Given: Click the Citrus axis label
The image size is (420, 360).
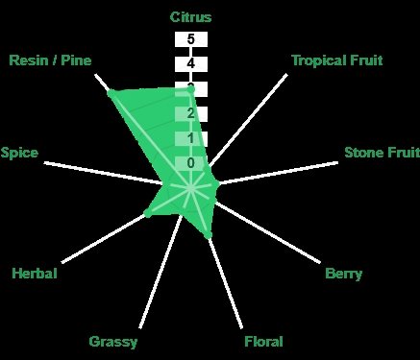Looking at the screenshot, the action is click(x=190, y=17).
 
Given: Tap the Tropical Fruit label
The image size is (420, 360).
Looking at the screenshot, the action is click(x=337, y=60).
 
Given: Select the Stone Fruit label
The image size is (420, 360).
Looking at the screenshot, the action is click(x=382, y=153).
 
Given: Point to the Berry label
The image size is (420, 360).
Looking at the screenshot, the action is click(x=344, y=274).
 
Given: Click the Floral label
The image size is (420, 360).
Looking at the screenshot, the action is click(x=263, y=342).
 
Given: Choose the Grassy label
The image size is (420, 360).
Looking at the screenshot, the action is click(x=113, y=342).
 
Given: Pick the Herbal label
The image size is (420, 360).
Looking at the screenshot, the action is click(x=35, y=274).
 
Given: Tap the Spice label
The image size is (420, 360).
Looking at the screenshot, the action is click(x=19, y=153).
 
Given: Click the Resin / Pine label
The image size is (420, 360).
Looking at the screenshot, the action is click(x=50, y=60).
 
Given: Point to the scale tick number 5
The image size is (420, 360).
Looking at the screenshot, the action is click(x=190, y=39).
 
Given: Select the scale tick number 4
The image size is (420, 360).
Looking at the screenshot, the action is click(x=190, y=63).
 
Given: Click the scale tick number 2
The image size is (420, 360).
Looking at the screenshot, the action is click(x=190, y=113).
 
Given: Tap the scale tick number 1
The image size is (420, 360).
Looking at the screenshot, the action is click(x=190, y=138).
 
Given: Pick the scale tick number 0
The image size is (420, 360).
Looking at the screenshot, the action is click(x=190, y=163).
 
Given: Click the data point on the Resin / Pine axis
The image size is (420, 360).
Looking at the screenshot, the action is click(x=111, y=93).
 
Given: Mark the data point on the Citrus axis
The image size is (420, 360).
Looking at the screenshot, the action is click(x=190, y=90).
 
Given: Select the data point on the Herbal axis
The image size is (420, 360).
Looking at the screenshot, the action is click(x=147, y=213).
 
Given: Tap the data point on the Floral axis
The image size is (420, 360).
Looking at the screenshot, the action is click(x=208, y=236).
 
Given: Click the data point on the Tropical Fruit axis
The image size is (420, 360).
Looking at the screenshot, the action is click(x=207, y=168).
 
